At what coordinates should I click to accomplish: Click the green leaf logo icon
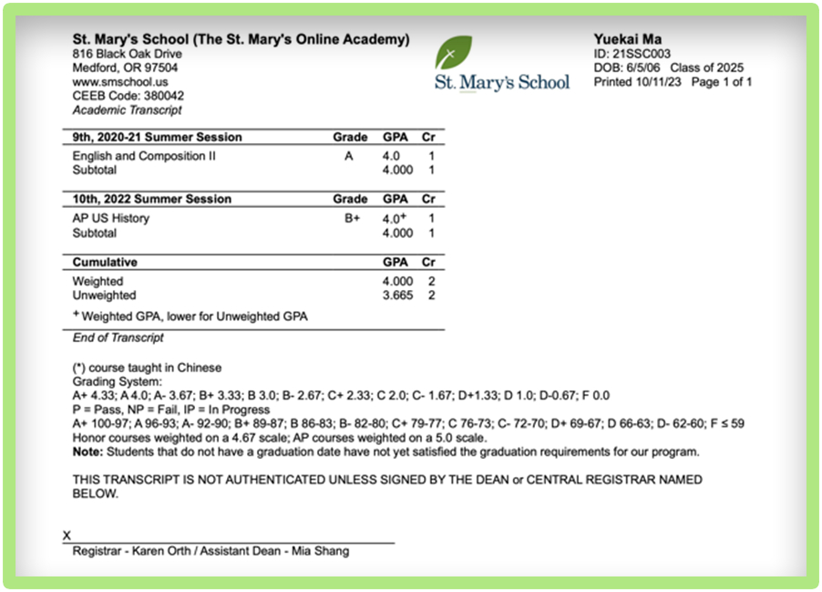coord(453,53)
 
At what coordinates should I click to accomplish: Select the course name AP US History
coord(111,219)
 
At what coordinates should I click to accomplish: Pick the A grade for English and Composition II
coord(348,156)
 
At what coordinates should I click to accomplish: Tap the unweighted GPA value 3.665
coord(397,296)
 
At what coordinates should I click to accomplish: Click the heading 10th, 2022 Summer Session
coord(152,199)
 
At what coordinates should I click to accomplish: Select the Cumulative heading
coord(105,262)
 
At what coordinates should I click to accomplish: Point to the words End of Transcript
coord(118,338)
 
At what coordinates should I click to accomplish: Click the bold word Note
coord(87,452)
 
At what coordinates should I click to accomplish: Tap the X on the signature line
coord(67,536)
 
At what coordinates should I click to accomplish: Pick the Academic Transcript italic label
coord(127,109)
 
